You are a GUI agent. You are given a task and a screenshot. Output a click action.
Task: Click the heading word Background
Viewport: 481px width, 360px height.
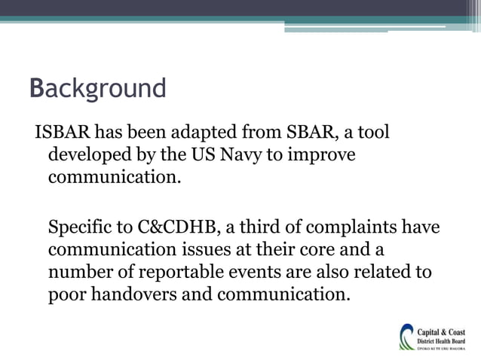[97, 88]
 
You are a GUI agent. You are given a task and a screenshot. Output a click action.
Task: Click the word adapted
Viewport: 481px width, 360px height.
[204, 134]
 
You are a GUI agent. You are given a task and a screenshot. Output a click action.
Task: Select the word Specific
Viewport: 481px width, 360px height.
[79, 227]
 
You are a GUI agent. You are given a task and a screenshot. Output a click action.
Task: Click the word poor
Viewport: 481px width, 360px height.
[67, 293]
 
